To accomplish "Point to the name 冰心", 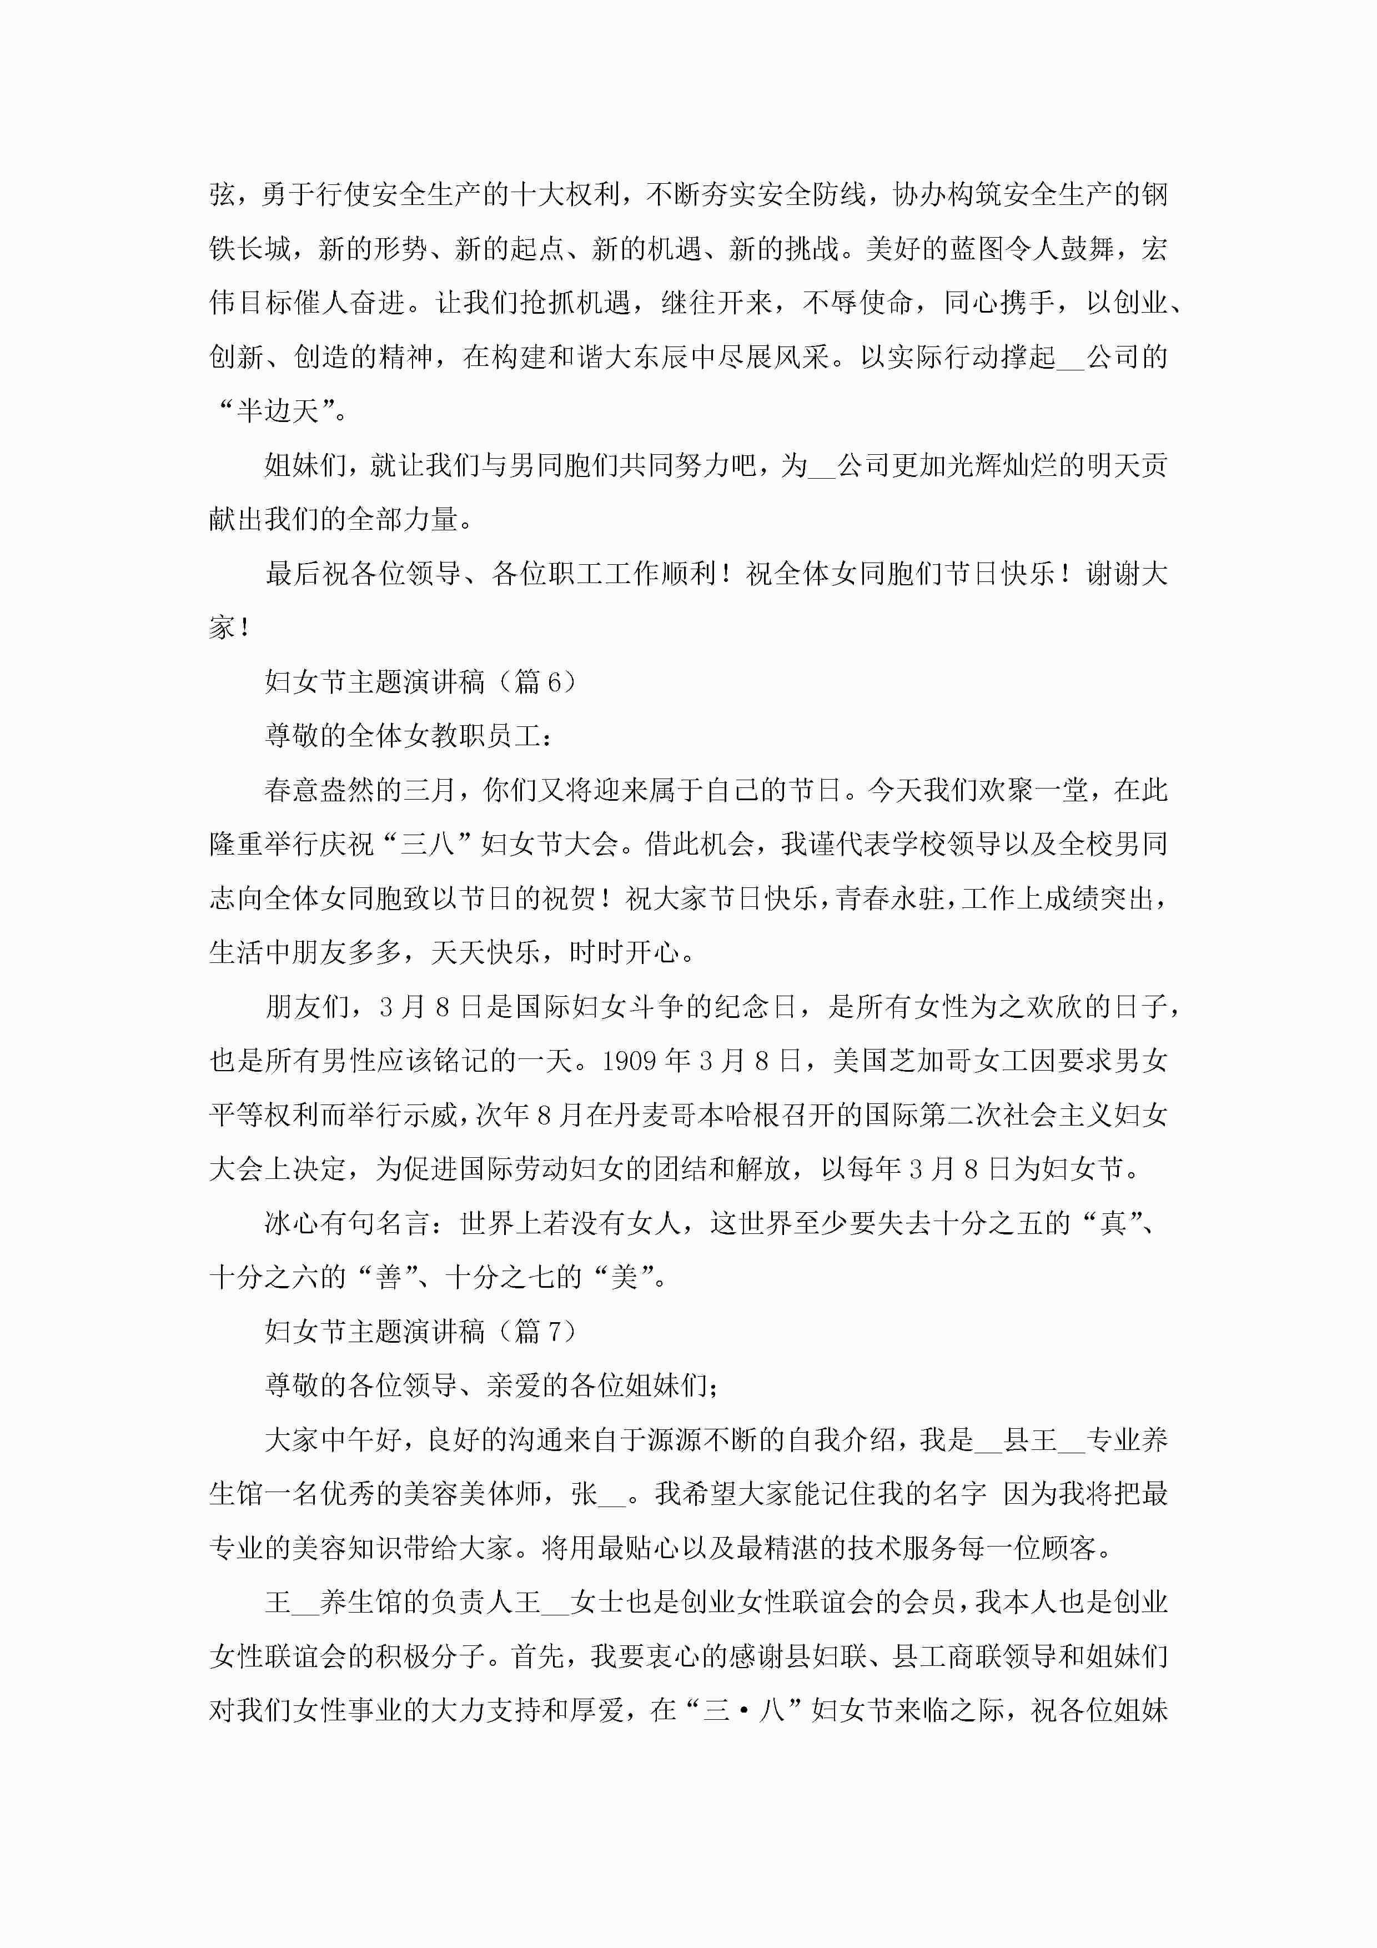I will pyautogui.click(x=293, y=1223).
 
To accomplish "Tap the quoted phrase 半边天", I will pyautogui.click(x=278, y=411).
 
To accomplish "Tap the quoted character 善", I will pyautogui.click(x=389, y=1278).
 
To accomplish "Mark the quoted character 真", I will pyautogui.click(x=1112, y=1223).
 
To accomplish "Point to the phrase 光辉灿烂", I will pyautogui.click(x=1001, y=466).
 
